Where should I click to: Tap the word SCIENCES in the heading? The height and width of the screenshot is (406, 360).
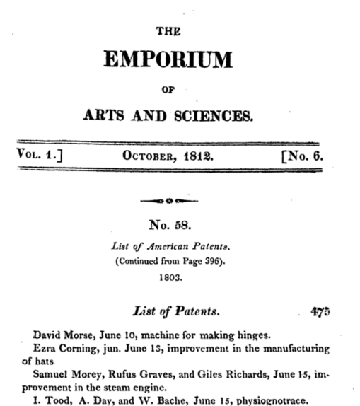coord(215,115)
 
